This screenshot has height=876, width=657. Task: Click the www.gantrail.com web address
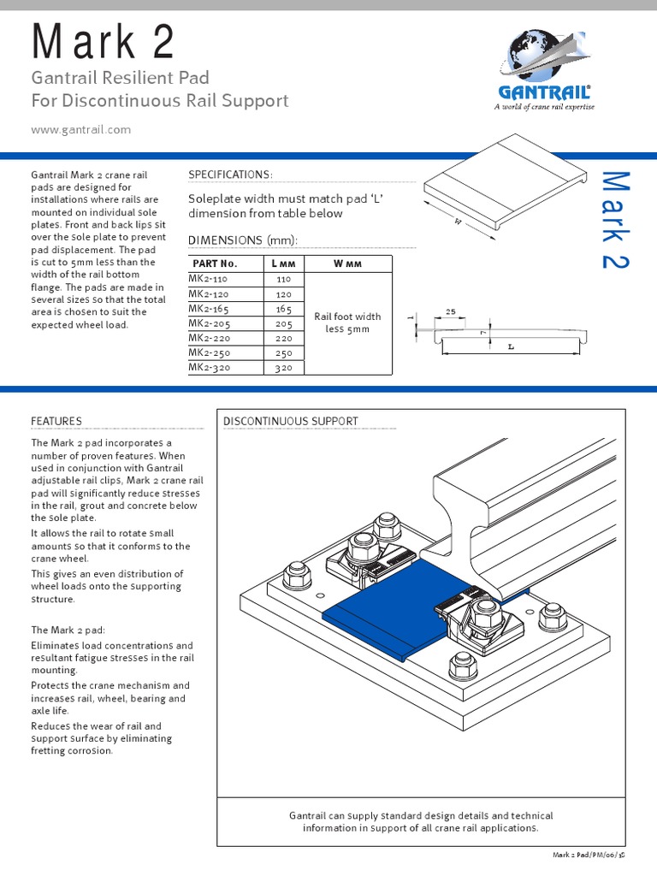pyautogui.click(x=80, y=129)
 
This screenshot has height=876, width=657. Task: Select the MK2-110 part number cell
pyautogui.click(x=212, y=279)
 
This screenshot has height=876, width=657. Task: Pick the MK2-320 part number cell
pyautogui.click(x=212, y=367)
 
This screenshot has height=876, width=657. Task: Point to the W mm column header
pyautogui.click(x=347, y=263)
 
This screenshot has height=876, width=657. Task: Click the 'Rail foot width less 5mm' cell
pyautogui.click(x=347, y=323)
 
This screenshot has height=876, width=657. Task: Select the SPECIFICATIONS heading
pyautogui.click(x=230, y=175)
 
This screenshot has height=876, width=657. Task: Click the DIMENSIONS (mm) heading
pyautogui.click(x=242, y=240)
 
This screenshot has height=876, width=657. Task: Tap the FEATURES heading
pyautogui.click(x=56, y=421)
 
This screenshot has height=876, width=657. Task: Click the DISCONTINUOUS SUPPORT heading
pyautogui.click(x=290, y=421)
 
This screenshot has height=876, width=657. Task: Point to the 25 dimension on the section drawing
pyautogui.click(x=450, y=313)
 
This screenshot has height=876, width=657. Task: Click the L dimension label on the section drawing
pyautogui.click(x=511, y=347)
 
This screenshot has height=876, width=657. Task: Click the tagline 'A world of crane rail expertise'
pyautogui.click(x=543, y=107)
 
